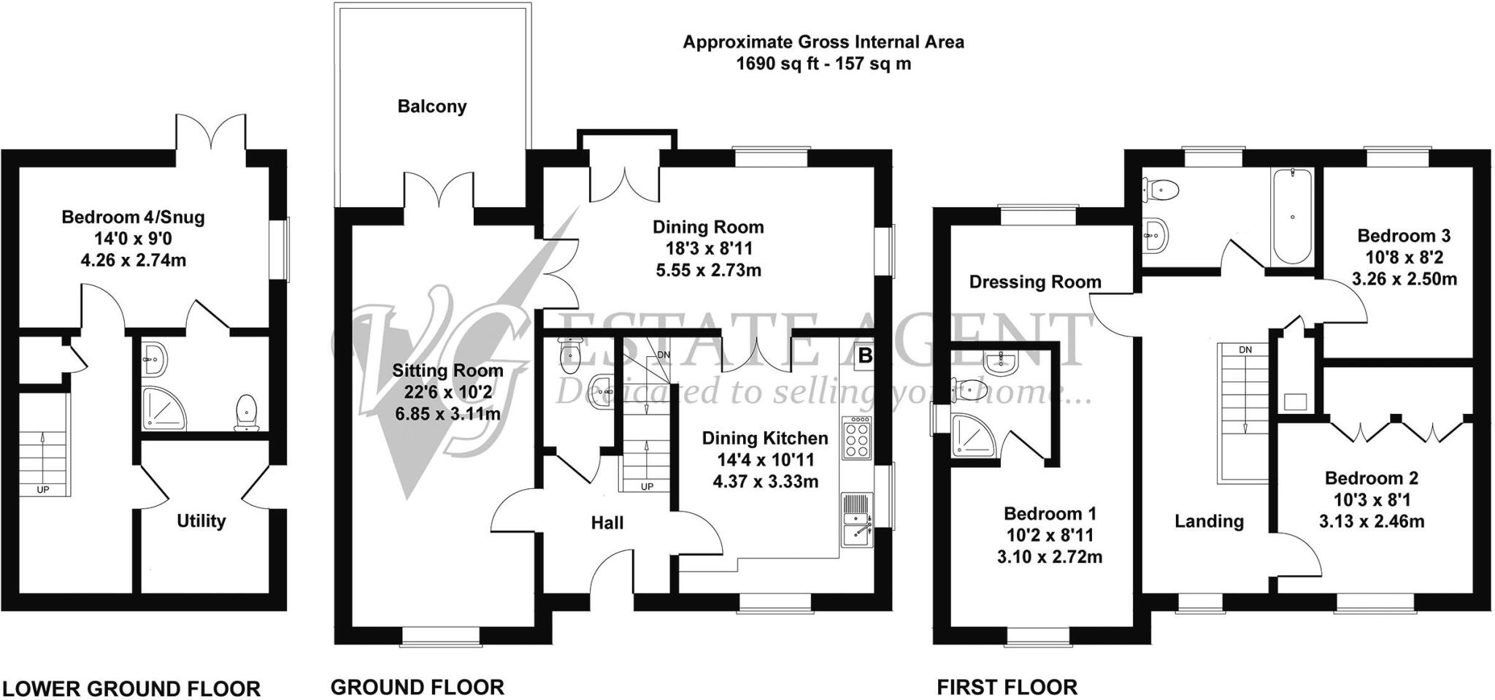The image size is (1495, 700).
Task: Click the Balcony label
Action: click(x=431, y=107)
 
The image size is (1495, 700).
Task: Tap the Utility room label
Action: click(x=201, y=521)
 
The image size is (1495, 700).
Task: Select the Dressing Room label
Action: click(x=1035, y=282)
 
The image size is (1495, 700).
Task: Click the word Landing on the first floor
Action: click(x=1209, y=521)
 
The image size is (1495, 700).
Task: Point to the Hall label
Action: click(x=607, y=523)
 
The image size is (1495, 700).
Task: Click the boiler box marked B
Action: click(x=865, y=355)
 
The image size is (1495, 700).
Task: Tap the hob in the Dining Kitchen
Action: click(x=857, y=438)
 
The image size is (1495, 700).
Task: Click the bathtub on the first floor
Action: click(x=1292, y=217)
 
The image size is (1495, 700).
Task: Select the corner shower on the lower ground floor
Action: click(x=164, y=409)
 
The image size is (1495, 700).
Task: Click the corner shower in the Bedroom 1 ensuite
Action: click(x=975, y=436)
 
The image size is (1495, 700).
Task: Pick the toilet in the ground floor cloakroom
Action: click(x=568, y=354)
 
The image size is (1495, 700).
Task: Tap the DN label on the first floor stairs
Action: click(x=1245, y=350)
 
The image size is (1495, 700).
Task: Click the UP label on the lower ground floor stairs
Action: click(x=43, y=490)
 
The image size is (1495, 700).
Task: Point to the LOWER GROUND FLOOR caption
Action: click(x=132, y=688)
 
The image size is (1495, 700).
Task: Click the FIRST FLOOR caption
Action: click(x=1007, y=688)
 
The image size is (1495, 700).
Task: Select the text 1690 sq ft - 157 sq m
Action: click(x=823, y=64)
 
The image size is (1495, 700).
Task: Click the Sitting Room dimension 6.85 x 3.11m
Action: click(x=447, y=415)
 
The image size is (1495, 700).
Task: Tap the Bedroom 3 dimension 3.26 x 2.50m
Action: click(x=1404, y=280)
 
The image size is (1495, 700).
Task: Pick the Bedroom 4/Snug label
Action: click(x=133, y=217)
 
